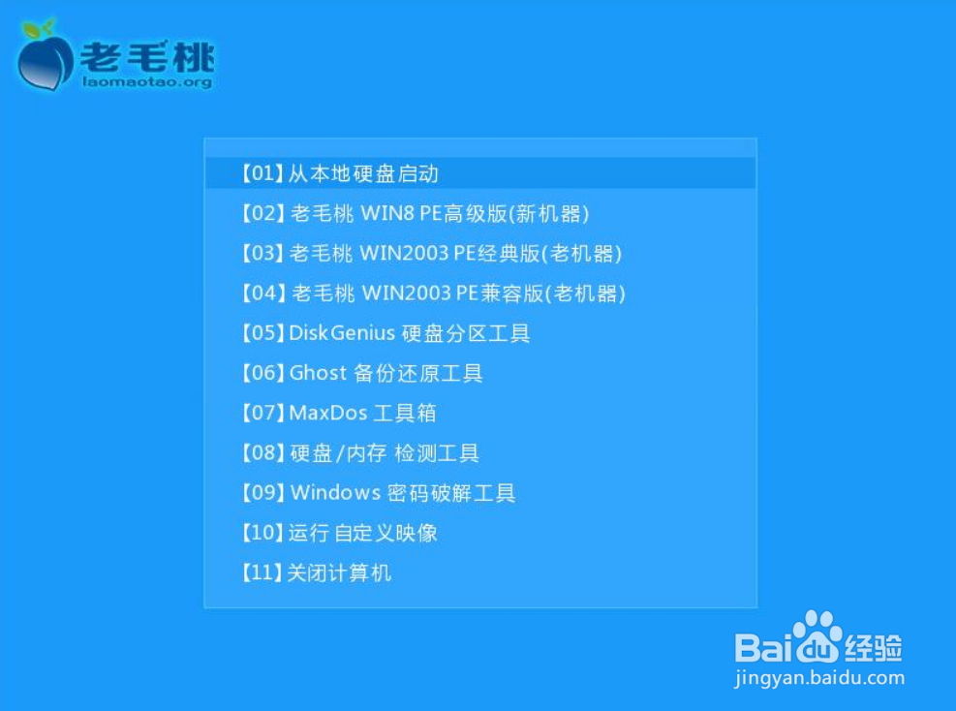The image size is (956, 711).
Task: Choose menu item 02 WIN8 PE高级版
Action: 416,213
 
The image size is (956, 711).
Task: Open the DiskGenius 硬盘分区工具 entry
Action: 385,333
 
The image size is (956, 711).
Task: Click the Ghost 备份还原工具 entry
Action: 362,373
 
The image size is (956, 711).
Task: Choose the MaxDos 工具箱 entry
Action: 339,413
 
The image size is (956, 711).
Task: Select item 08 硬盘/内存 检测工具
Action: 360,453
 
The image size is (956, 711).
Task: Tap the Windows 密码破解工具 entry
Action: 379,493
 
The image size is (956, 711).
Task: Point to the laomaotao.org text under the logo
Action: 147,81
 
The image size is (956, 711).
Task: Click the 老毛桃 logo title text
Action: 147,57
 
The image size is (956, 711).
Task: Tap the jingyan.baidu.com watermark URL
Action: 820,677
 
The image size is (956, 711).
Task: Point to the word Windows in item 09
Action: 335,492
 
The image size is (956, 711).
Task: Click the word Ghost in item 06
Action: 318,373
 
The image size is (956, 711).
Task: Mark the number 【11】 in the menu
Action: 262,572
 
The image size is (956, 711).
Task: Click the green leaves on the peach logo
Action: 38,28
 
